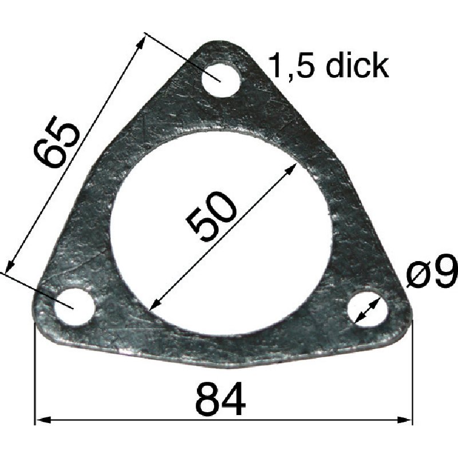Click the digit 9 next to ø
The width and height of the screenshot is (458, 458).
coord(444,273)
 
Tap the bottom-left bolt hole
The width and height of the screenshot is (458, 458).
coord(74,305)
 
